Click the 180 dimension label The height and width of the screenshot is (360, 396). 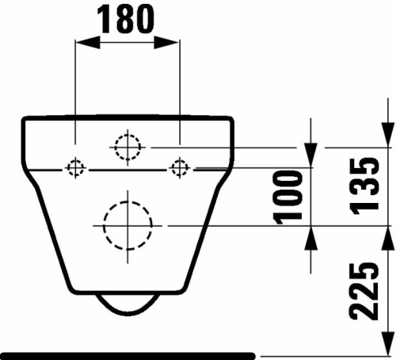(x=125, y=18)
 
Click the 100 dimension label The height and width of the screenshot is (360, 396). (x=287, y=197)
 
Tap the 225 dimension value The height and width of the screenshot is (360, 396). (x=364, y=291)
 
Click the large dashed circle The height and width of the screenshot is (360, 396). (x=104, y=226)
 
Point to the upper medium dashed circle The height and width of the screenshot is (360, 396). (x=115, y=147)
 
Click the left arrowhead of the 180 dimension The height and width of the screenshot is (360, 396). (x=88, y=43)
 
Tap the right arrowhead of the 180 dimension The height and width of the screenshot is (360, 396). (x=167, y=43)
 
